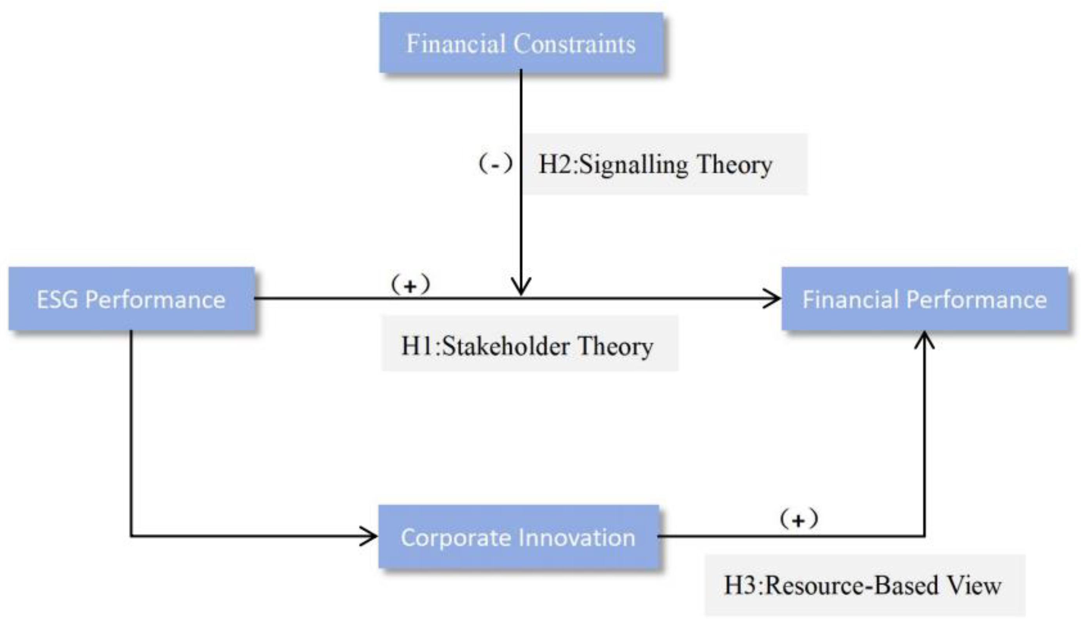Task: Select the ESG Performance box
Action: [131, 299]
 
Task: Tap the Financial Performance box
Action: [924, 299]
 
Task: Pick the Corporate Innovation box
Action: [518, 537]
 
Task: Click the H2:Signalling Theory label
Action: [655, 165]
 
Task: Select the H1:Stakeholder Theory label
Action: [527, 346]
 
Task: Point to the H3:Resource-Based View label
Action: [863, 585]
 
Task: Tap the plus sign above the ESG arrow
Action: [410, 285]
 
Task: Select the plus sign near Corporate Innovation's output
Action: [798, 520]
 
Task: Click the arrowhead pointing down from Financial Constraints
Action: [521, 288]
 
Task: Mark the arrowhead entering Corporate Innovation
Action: [370, 536]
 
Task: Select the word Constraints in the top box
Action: [574, 44]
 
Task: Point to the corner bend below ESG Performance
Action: [131, 536]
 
